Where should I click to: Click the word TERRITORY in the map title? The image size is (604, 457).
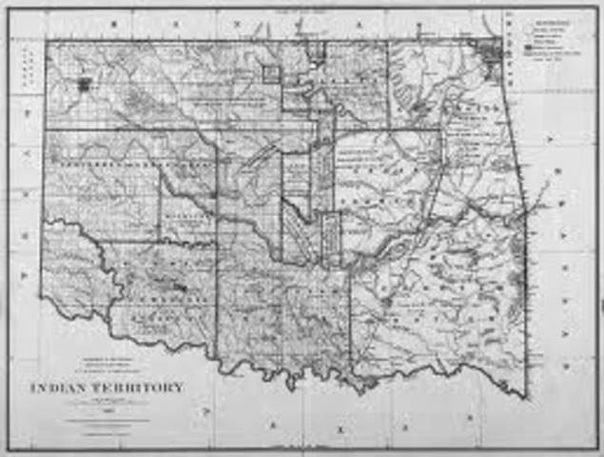143,388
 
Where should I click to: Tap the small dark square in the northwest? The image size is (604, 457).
86,84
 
